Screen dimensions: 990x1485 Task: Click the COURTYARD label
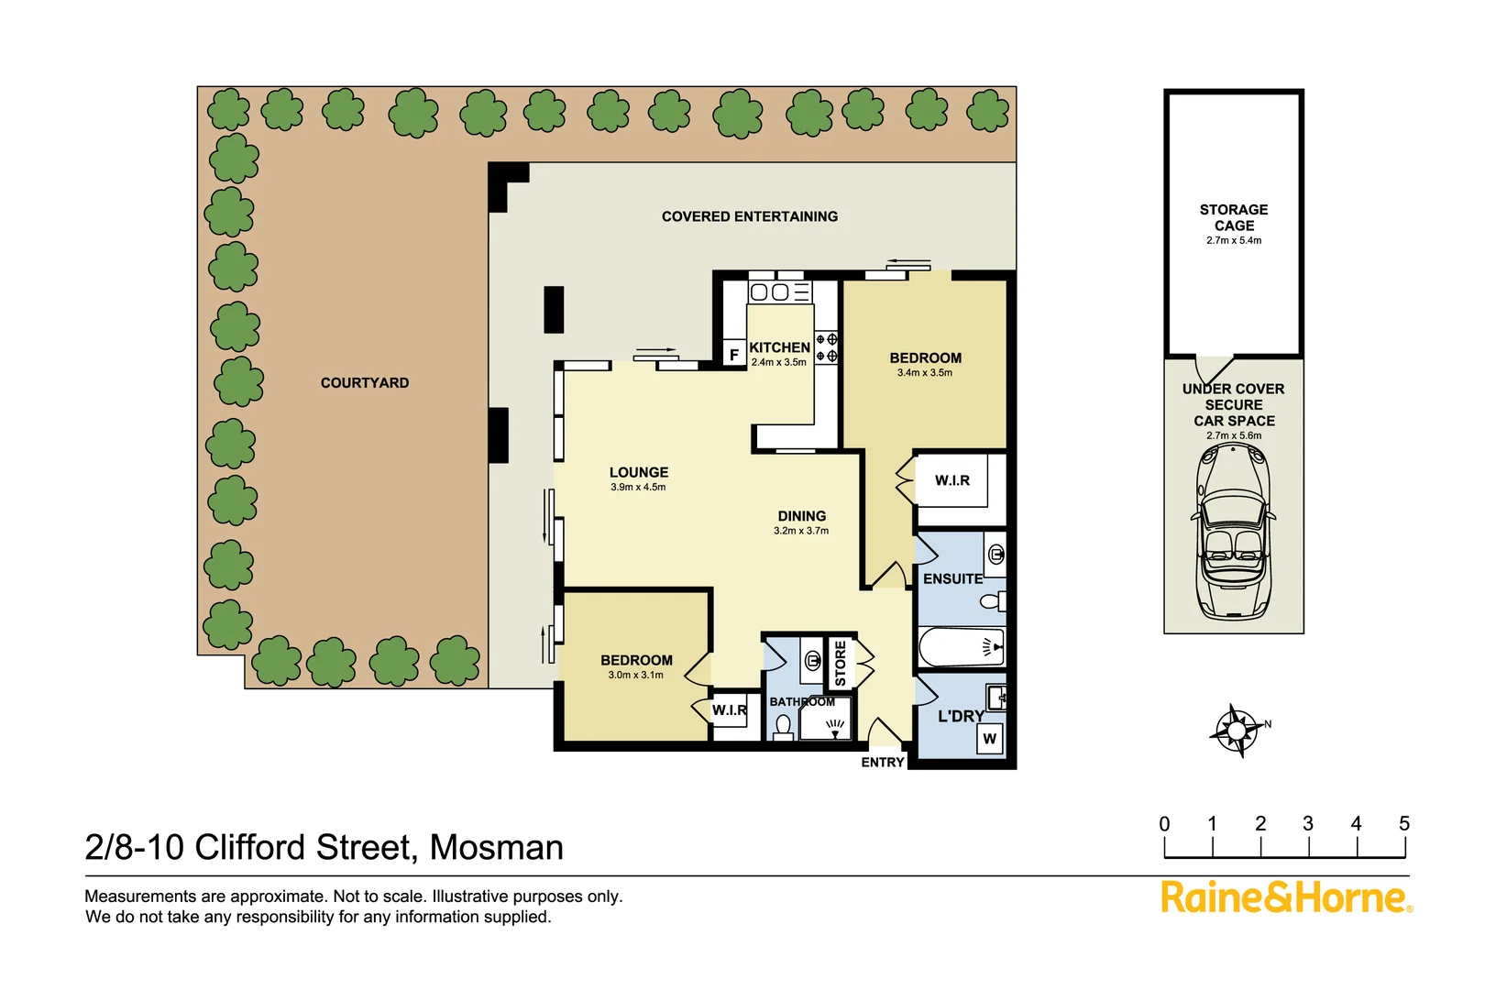tap(364, 383)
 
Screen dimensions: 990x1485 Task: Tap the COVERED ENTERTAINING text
tap(749, 217)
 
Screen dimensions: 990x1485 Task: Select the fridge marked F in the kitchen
tap(733, 354)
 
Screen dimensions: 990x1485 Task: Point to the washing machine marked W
tap(989, 739)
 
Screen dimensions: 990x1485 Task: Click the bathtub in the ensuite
tap(962, 647)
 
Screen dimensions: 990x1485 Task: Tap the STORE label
tap(841, 663)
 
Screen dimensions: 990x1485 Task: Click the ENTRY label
tap(882, 763)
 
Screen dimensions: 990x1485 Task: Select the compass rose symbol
tap(1237, 731)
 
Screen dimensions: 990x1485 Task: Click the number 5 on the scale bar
tap(1403, 823)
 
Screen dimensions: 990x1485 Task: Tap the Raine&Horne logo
tap(1286, 897)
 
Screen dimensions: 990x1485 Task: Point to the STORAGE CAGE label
tap(1234, 217)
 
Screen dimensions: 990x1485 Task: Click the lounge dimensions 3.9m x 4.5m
tap(638, 488)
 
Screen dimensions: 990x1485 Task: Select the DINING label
tap(801, 516)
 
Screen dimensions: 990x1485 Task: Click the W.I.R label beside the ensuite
tap(951, 480)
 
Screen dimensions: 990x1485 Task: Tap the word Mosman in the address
tap(496, 848)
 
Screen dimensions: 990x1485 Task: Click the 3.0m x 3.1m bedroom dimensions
tap(635, 676)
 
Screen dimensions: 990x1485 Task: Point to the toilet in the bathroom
tap(783, 727)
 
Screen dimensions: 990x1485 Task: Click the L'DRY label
tap(960, 716)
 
